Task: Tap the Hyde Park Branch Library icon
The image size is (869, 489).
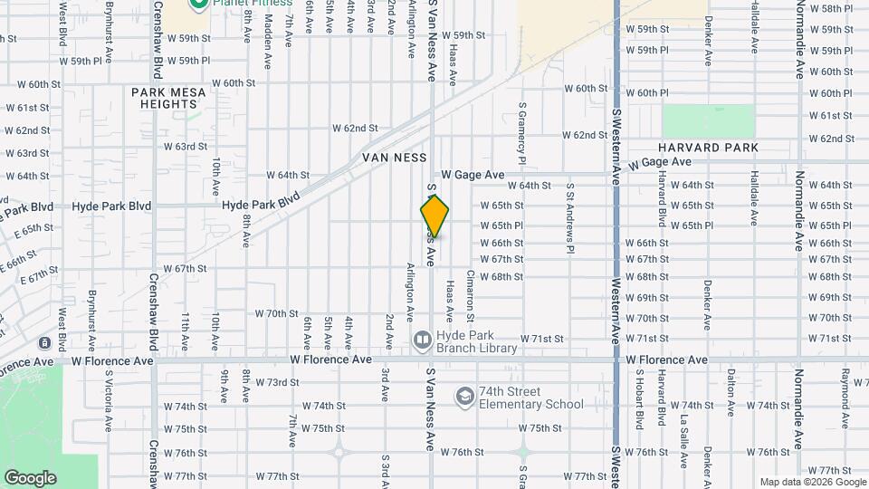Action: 422,340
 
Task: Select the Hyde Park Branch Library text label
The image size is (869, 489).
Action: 476,340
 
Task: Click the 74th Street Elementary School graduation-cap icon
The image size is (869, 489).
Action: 464,397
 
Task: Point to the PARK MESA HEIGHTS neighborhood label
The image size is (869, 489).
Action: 168,98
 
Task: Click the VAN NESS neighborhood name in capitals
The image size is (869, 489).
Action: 394,158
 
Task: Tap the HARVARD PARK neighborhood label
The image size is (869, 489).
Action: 708,148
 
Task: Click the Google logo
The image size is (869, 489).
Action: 30,477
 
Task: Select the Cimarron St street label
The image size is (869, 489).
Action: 470,296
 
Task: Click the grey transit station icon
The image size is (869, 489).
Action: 44,343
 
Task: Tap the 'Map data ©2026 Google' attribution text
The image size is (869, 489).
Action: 813,482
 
